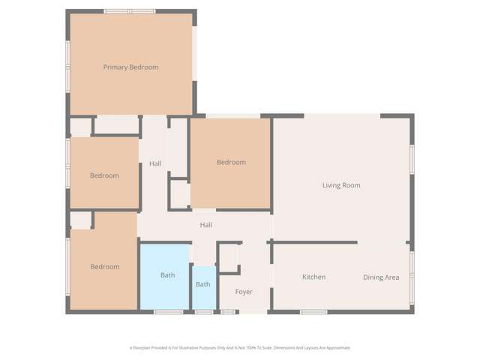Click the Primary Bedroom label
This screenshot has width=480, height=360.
click(130, 67)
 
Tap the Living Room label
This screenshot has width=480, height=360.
click(341, 185)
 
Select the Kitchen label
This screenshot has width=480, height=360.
click(313, 277)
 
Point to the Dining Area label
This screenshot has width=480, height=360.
click(381, 277)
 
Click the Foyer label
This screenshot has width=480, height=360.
click(244, 291)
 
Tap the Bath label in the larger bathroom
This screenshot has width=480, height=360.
click(168, 275)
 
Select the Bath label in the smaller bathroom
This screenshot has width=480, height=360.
click(203, 284)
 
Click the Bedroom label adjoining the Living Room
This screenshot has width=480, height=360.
click(231, 162)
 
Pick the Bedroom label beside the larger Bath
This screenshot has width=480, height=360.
click(105, 266)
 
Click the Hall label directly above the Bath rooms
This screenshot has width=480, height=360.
click(205, 224)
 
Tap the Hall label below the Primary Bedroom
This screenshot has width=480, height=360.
click(155, 163)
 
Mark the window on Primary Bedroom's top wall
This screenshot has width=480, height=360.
click(129, 11)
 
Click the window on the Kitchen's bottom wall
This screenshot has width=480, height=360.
click(313, 311)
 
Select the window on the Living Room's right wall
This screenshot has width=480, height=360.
click(412, 159)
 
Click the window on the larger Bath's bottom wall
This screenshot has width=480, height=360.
click(168, 311)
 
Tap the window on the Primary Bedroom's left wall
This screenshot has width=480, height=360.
click(67, 64)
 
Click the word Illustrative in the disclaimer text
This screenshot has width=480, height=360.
click(199, 348)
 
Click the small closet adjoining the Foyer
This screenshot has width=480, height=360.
click(229, 257)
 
